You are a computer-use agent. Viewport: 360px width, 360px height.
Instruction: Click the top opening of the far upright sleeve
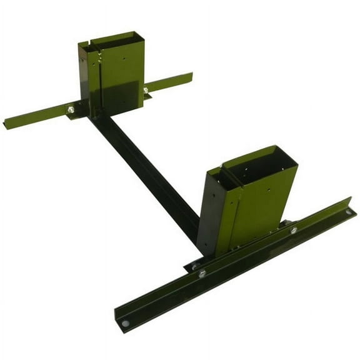click(111, 39)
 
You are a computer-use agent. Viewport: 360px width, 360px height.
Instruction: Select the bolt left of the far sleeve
click(71, 111)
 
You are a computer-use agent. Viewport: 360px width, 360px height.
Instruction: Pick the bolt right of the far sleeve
click(146, 91)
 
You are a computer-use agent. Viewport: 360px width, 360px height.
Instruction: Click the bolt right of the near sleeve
click(293, 231)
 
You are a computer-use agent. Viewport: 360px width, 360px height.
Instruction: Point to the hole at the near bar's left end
click(126, 323)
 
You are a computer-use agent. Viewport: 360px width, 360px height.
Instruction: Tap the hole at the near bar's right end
click(349, 212)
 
